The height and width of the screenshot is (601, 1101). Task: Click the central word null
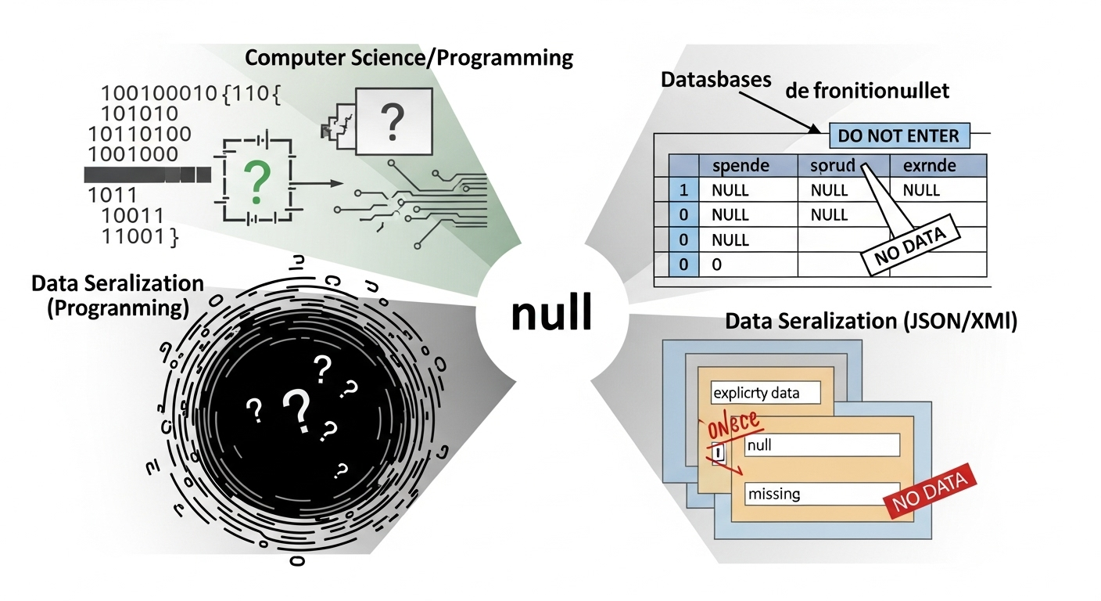(550, 314)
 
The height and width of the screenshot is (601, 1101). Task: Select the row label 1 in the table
(683, 189)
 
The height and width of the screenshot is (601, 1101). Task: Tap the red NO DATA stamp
(930, 495)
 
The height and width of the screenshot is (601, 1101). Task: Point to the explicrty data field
(765, 392)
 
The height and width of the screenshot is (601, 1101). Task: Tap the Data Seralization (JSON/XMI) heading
(871, 322)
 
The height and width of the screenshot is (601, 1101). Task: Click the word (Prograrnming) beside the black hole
(117, 307)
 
